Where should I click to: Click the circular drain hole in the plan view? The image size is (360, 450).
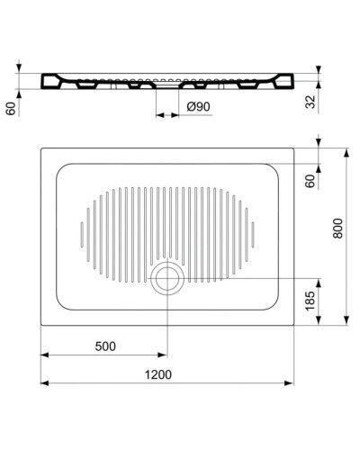(166, 279)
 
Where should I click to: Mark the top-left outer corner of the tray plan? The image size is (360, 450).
(40, 146)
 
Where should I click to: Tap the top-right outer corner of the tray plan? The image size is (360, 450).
(296, 146)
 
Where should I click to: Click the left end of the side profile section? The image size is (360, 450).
(42, 81)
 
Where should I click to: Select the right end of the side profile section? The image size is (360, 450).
(294, 81)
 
